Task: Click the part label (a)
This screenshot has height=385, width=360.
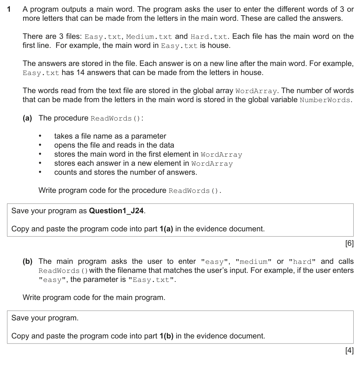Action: [x=27, y=118]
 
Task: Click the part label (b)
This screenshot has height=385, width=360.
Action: [x=27, y=261]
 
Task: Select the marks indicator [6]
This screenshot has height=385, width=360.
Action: [x=349, y=243]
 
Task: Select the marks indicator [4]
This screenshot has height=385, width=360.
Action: [x=349, y=351]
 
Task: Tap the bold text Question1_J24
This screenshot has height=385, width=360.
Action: [x=117, y=211]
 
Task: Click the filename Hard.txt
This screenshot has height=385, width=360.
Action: [x=209, y=36]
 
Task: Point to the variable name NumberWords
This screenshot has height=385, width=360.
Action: [x=325, y=100]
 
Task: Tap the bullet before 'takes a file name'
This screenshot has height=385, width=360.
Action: [x=40, y=136]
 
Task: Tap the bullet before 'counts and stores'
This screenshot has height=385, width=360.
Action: [x=40, y=172]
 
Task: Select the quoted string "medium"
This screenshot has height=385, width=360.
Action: [x=254, y=261]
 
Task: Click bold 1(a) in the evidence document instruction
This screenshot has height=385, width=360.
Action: [x=166, y=229]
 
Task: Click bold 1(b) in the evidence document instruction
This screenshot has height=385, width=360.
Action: [x=166, y=336]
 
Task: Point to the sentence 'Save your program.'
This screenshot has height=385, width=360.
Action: [x=45, y=318]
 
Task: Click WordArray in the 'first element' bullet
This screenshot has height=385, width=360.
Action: [x=221, y=154]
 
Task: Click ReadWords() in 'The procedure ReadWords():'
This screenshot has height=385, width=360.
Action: [x=116, y=118]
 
